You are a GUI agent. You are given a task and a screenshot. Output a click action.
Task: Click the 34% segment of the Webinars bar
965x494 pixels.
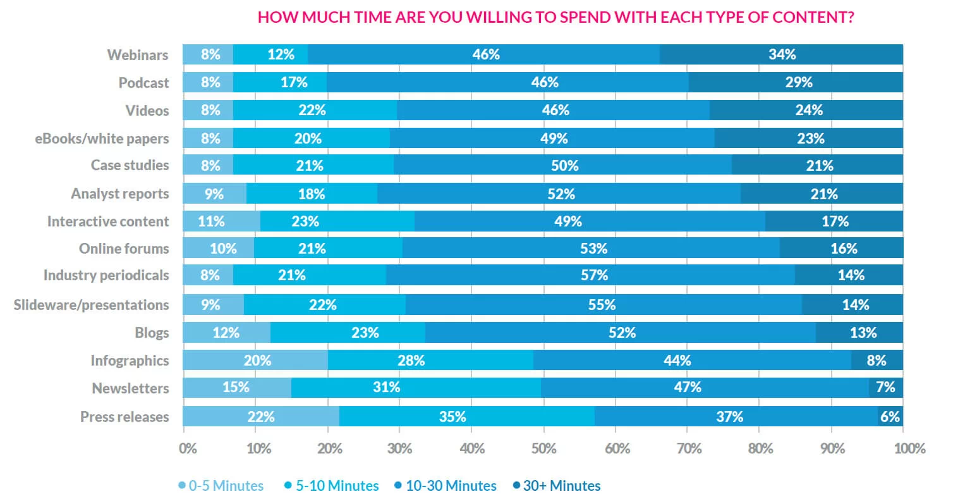point(782,54)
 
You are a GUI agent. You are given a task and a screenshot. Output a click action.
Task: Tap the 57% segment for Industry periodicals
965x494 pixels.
point(590,275)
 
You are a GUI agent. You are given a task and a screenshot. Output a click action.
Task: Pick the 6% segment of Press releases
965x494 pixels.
point(890,416)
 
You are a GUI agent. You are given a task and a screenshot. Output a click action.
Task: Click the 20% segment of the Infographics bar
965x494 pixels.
point(255,361)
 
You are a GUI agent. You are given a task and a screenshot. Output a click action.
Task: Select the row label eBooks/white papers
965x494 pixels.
point(102,138)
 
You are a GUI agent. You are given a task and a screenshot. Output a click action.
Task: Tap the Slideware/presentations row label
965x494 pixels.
point(92,305)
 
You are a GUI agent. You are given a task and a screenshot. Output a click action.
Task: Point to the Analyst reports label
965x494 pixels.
point(119,194)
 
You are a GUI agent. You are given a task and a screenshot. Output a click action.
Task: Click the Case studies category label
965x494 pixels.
point(130,165)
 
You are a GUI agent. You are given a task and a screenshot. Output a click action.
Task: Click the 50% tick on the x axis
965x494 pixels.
point(543,448)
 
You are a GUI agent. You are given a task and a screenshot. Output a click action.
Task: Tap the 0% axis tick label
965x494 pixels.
point(188,448)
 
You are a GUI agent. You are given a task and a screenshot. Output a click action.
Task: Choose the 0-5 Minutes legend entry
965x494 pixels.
point(221,485)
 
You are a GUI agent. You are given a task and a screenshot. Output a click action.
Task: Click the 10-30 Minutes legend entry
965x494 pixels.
point(446,485)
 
